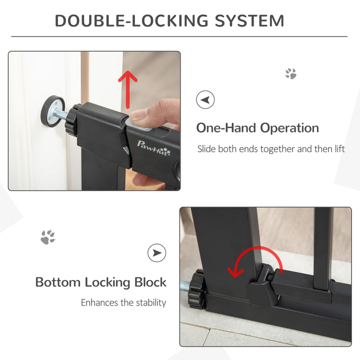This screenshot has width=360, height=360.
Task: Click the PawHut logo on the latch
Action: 154,148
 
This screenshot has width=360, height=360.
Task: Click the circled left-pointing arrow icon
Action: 205,100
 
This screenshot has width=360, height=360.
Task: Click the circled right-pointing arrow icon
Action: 156,253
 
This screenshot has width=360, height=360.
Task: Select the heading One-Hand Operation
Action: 257,127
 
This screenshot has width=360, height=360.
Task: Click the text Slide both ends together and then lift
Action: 270,149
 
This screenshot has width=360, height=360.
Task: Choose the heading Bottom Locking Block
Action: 100,282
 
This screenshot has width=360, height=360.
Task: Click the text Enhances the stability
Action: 123,302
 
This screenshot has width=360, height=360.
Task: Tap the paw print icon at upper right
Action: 290,74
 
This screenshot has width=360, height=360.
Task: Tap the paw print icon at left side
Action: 48,237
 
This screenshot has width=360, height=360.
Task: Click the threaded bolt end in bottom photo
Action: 185,286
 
